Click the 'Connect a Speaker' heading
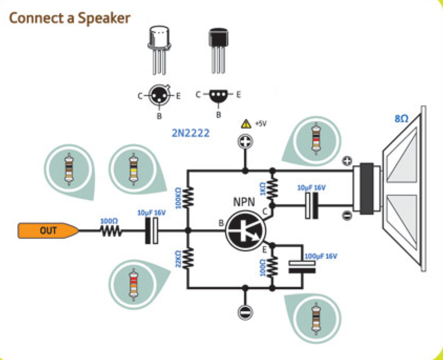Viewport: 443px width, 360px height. coord(70,18)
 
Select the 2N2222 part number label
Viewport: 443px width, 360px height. coord(191,134)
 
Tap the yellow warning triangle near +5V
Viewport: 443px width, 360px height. coord(245,124)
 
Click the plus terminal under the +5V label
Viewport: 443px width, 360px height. coord(245,141)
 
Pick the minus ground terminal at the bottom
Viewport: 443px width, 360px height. coord(245,312)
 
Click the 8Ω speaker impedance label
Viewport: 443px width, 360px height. coord(401,120)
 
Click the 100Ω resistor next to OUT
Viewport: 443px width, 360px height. coord(111,230)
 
